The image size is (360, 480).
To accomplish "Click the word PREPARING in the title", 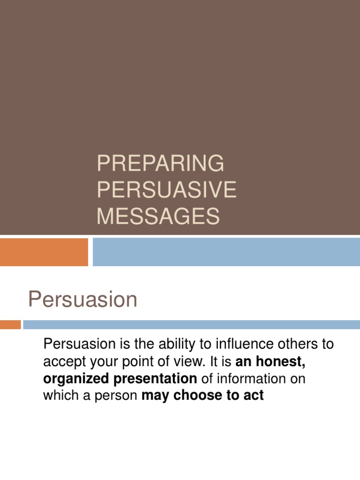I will (160, 164).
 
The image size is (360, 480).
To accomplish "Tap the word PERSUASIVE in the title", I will (166, 190).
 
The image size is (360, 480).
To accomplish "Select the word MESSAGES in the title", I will (158, 217).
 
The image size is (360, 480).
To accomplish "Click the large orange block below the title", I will (44, 252).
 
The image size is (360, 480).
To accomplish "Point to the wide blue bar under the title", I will (226, 252).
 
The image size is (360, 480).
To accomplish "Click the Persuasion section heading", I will (82, 300).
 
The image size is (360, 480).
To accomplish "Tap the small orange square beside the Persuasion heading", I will (10, 324).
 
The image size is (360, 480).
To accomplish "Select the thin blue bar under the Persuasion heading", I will (191, 324).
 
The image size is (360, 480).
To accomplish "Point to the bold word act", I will (254, 395).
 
